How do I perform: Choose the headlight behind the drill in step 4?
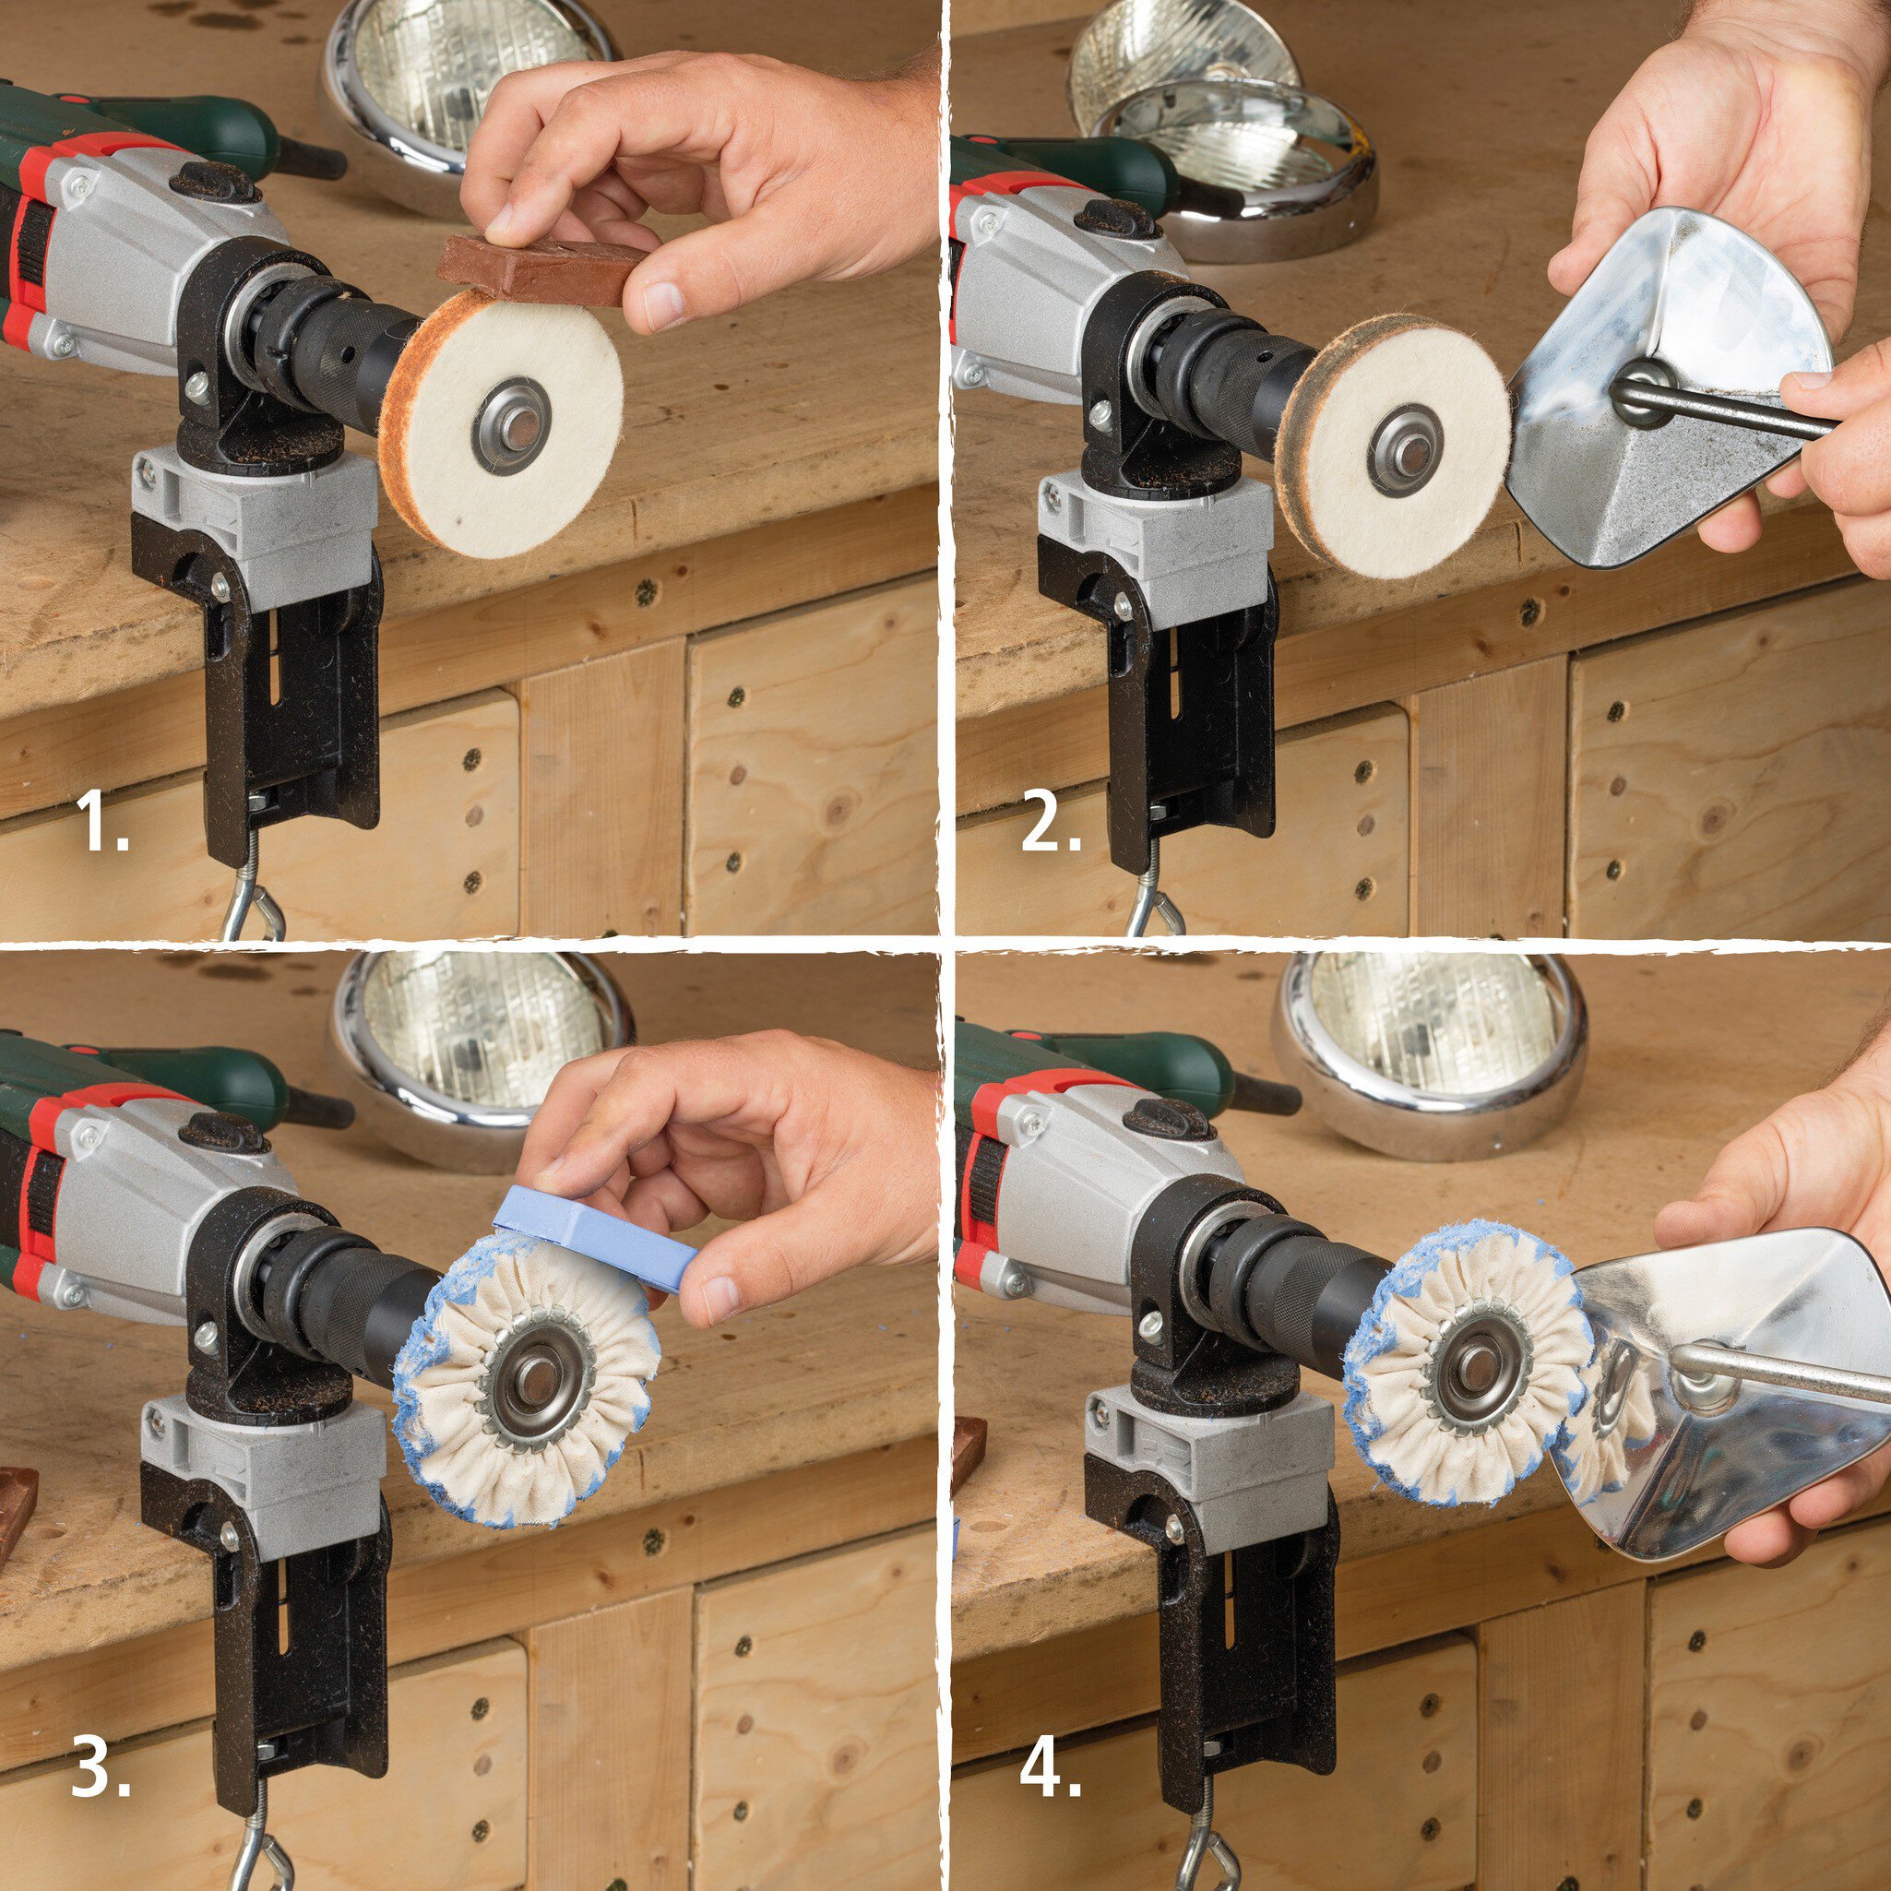pyautogui.click(x=1429, y=1053)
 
